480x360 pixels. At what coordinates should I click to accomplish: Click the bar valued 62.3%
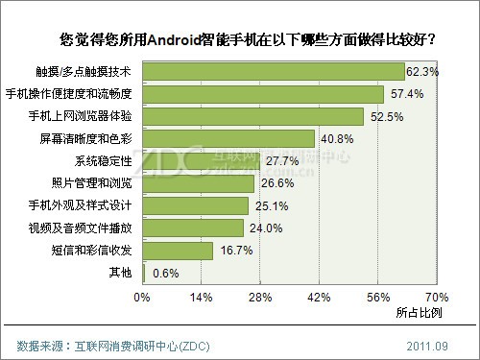point(274,72)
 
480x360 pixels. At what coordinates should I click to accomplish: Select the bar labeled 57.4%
point(263,94)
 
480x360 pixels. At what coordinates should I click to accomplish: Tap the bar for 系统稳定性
point(202,160)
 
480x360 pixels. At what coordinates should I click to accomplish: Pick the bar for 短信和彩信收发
point(178,250)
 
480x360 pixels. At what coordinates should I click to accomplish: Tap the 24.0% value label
point(262,228)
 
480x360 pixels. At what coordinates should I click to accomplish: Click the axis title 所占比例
point(419,312)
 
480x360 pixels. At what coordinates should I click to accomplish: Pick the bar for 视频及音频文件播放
point(193,228)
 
